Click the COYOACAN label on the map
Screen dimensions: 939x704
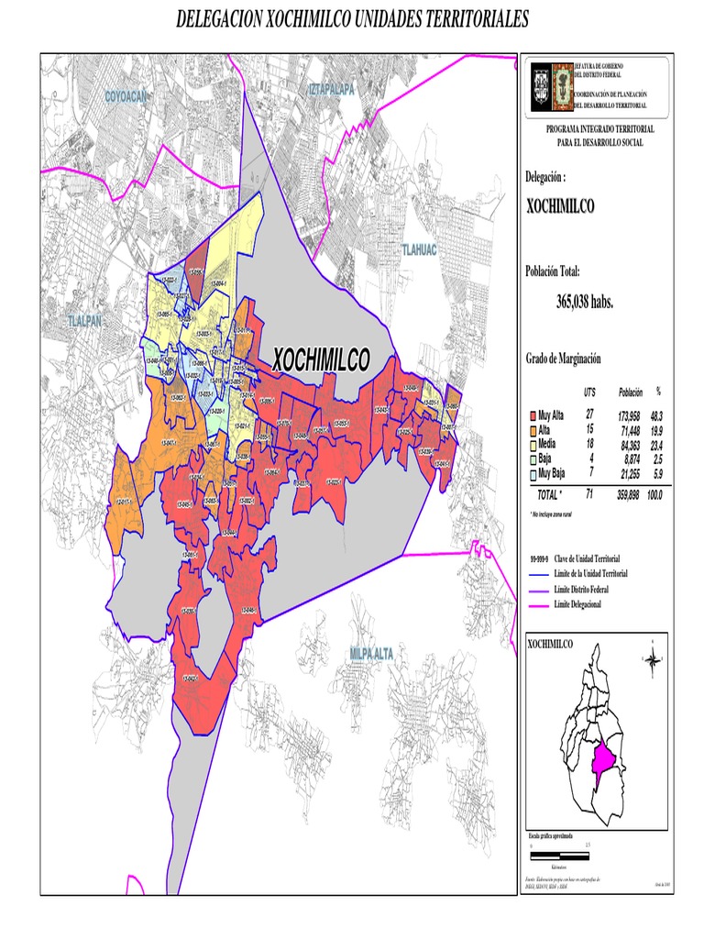coord(126,96)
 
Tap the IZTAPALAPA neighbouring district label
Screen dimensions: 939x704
coord(331,89)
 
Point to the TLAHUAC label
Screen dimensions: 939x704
coord(420,249)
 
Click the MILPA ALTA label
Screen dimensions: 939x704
coord(371,653)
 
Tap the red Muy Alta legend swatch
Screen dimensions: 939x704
coord(532,416)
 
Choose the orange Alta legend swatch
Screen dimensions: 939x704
coord(532,430)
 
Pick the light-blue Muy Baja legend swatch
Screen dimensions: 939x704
coord(532,474)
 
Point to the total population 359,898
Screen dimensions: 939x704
coord(631,494)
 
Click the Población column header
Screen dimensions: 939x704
coord(631,392)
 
